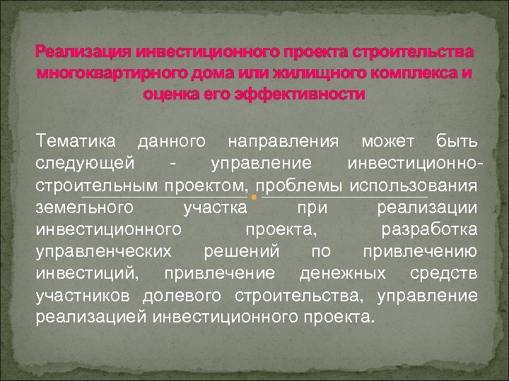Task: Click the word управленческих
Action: tap(103, 251)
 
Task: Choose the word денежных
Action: tap(342, 272)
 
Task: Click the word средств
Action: tap(447, 272)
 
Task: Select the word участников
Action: tap(83, 294)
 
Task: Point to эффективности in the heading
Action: tap(302, 95)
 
